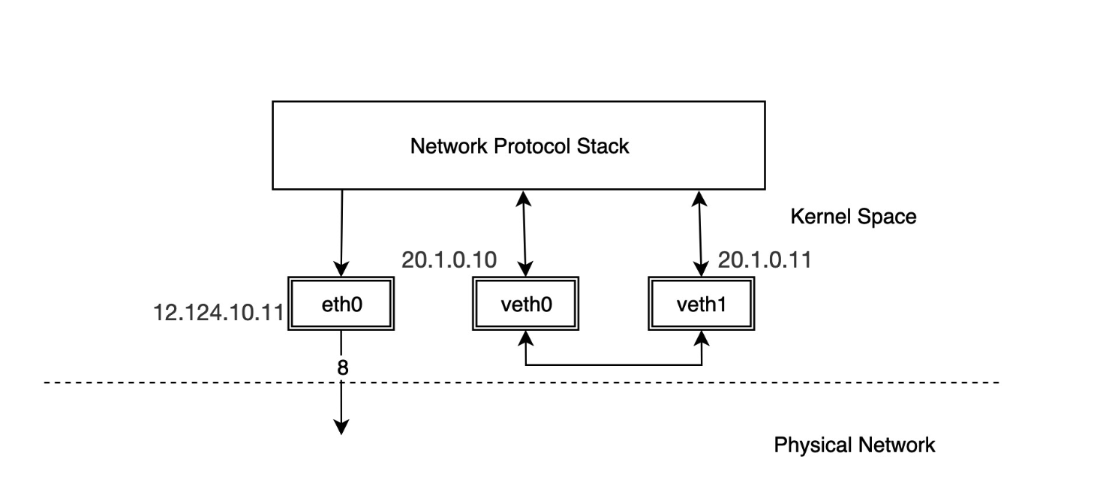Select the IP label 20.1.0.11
point(765,260)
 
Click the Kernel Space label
point(853,217)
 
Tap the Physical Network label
point(854,445)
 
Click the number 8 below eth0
point(342,368)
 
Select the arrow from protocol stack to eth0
point(341,232)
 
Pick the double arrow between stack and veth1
point(702,232)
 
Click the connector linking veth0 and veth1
point(614,365)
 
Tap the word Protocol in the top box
point(533,145)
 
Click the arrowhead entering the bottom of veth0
point(526,340)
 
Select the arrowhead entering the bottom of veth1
point(702,340)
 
